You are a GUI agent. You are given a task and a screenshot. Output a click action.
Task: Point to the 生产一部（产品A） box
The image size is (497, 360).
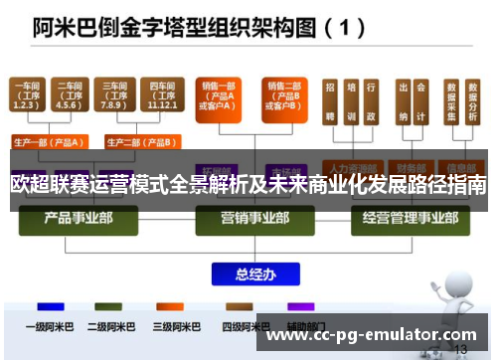(47, 142)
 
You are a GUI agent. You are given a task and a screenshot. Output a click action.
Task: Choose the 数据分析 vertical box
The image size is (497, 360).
(472, 104)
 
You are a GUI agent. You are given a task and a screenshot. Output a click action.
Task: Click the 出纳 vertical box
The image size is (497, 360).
(404, 104)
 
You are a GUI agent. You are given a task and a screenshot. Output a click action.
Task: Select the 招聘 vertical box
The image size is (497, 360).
(329, 104)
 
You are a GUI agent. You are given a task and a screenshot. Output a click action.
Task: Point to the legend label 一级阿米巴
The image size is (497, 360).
(45, 325)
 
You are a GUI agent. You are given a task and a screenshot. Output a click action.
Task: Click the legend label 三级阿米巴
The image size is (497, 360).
(171, 325)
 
